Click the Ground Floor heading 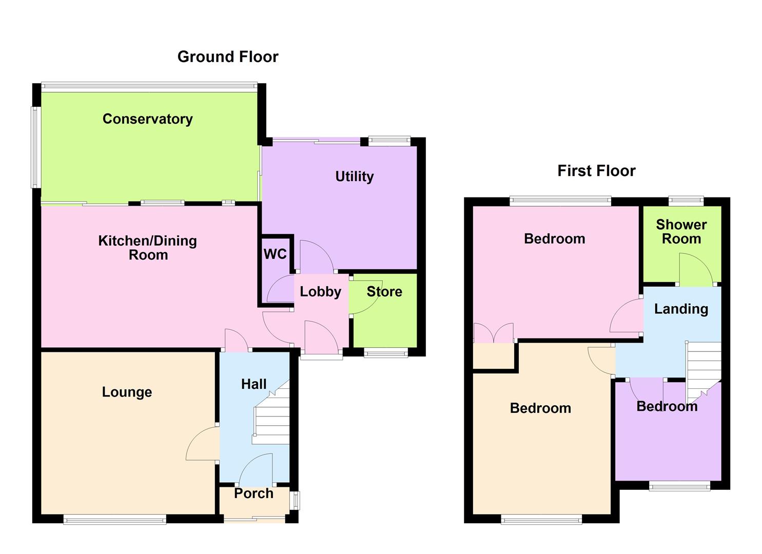point(228,57)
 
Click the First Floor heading point(596,171)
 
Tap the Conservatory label point(148,119)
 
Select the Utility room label point(354,176)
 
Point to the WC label point(275,254)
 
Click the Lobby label point(320,292)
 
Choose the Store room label point(384,292)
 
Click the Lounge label point(127,392)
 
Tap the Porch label point(253,493)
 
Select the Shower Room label point(681,232)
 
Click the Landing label point(681,309)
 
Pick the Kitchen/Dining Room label point(148,248)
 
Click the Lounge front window point(114,520)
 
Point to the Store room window point(386,352)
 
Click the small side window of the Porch point(295,501)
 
